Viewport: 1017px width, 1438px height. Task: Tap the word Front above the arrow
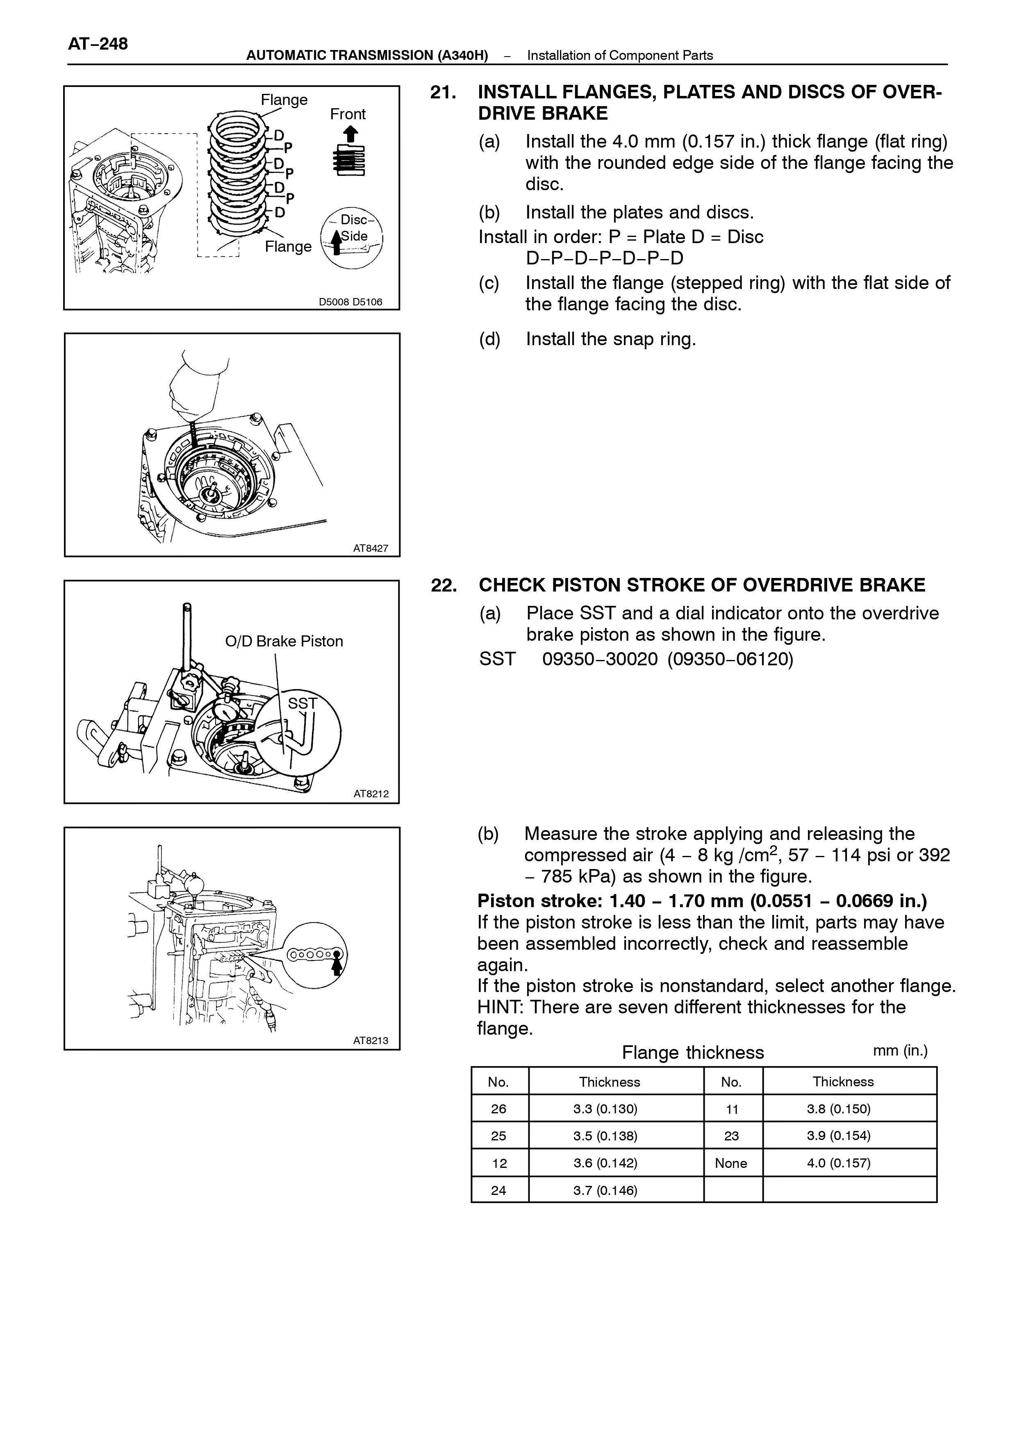348,114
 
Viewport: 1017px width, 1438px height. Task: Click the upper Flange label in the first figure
284,100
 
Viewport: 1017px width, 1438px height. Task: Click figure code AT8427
371,548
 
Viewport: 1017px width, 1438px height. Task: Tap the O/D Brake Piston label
284,642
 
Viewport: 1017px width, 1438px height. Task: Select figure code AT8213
371,1041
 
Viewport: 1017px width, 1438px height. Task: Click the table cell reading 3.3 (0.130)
605,1109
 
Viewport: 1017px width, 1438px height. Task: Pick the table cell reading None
731,1164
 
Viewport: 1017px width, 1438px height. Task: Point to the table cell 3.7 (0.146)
605,1190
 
